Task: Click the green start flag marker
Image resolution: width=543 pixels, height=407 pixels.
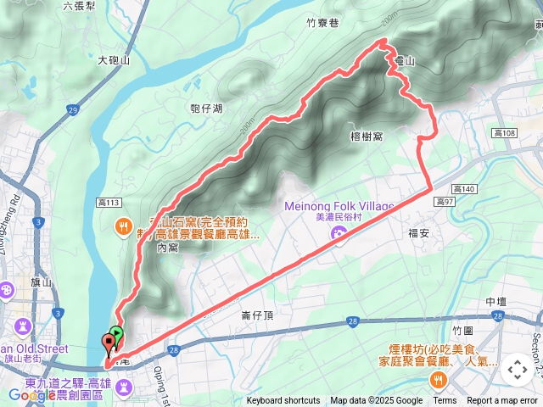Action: click(x=117, y=334)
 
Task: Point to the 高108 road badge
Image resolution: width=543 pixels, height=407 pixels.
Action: click(x=504, y=133)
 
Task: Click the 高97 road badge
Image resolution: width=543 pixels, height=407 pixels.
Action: click(x=444, y=201)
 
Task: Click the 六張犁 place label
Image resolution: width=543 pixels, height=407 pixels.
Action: click(x=79, y=6)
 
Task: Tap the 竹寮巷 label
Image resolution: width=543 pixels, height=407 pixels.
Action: click(x=322, y=25)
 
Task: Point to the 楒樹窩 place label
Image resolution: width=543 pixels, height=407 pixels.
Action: click(x=366, y=136)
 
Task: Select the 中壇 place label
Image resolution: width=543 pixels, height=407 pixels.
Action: click(x=497, y=302)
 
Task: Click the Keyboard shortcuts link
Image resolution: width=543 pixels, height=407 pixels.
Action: click(x=283, y=401)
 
